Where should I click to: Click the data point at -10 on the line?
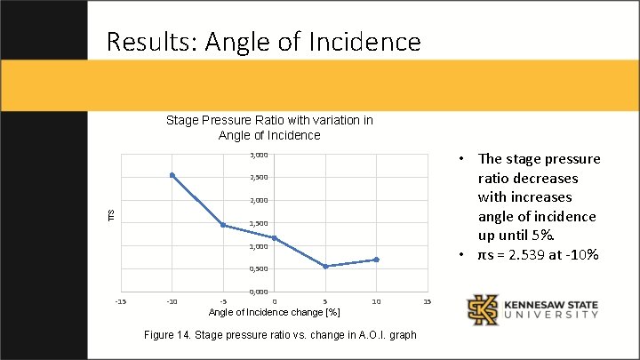click(x=172, y=175)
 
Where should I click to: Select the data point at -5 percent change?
click(x=223, y=225)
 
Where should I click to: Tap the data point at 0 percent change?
click(x=274, y=238)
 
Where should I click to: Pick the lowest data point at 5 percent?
click(x=325, y=267)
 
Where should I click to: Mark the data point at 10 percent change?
click(x=376, y=260)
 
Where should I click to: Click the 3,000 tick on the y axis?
click(x=257, y=155)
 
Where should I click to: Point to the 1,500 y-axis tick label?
click(x=257, y=223)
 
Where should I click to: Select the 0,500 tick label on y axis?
click(x=257, y=268)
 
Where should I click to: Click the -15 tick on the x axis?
click(x=121, y=302)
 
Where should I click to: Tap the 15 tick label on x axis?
click(x=427, y=302)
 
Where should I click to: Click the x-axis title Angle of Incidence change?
click(x=274, y=313)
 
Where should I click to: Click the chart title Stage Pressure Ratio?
click(x=268, y=127)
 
